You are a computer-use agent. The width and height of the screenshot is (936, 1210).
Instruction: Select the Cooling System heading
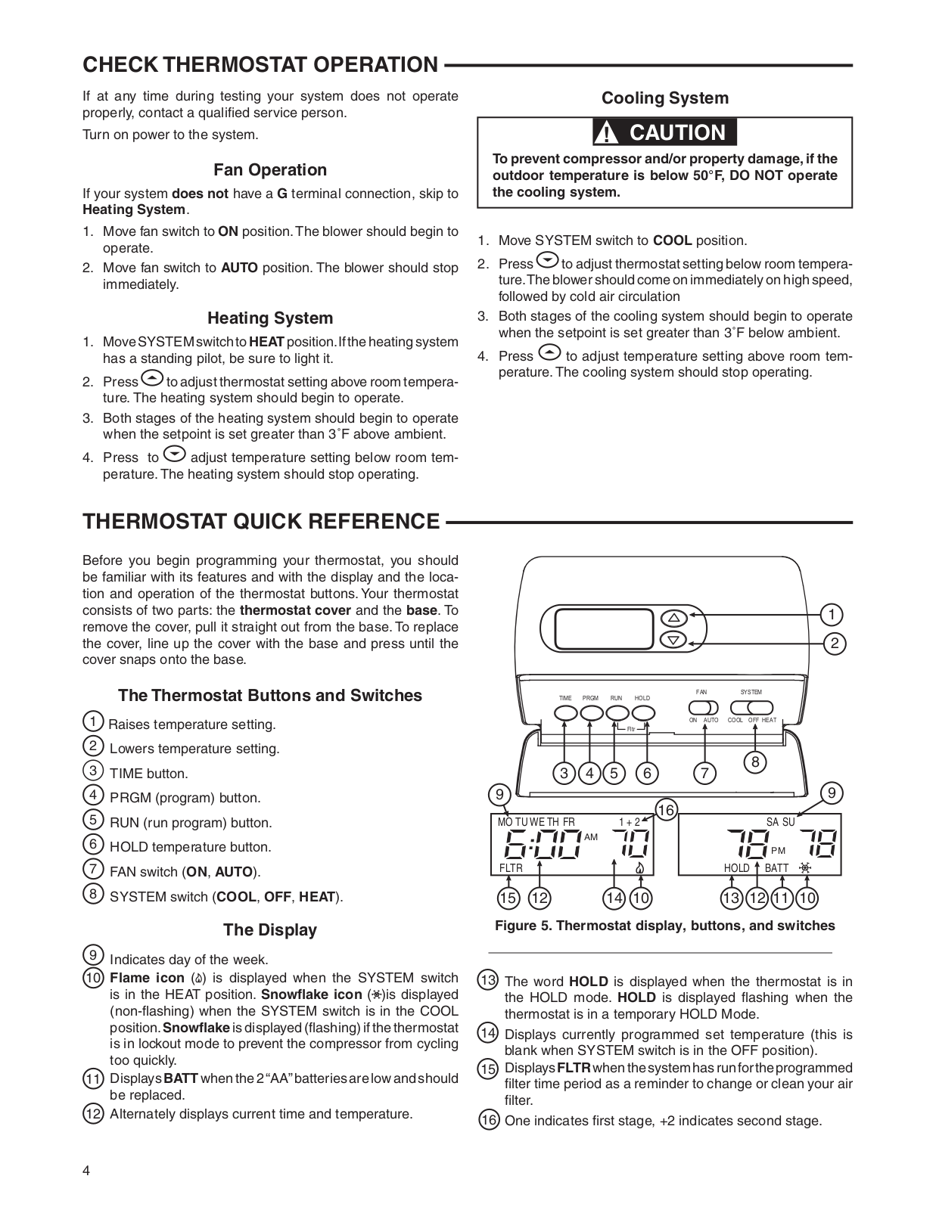(x=664, y=98)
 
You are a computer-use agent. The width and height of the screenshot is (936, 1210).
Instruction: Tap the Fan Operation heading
(x=270, y=169)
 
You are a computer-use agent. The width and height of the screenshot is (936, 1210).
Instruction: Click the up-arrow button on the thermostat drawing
(x=673, y=616)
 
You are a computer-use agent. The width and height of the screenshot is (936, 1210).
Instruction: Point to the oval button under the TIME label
(x=566, y=712)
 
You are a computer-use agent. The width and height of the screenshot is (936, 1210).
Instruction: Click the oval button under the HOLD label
(x=643, y=712)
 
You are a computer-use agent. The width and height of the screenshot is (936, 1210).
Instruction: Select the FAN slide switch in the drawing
(x=703, y=707)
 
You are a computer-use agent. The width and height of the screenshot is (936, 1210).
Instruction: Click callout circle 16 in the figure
(x=665, y=810)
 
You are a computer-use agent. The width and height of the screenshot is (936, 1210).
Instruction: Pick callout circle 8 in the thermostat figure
(x=754, y=762)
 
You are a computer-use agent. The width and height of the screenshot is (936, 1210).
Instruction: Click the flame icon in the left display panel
(x=640, y=868)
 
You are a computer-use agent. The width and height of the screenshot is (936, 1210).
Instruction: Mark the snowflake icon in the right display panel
(x=805, y=868)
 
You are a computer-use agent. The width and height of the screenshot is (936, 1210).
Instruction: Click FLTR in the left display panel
(x=511, y=868)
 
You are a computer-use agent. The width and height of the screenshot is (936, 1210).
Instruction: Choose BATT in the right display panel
(x=776, y=868)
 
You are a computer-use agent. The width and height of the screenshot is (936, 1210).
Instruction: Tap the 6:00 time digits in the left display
(x=540, y=843)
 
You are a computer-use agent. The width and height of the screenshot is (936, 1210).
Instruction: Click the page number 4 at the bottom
(x=86, y=1171)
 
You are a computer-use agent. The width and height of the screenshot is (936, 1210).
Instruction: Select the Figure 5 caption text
(x=664, y=926)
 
